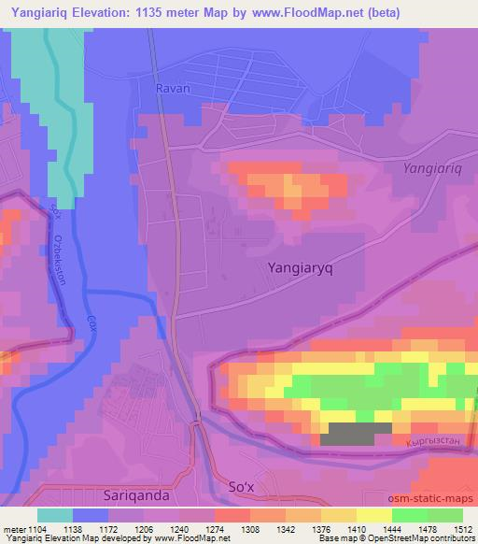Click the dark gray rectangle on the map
[x=356, y=433]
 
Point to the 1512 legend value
[x=461, y=529]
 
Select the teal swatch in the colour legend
[x=55, y=515]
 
